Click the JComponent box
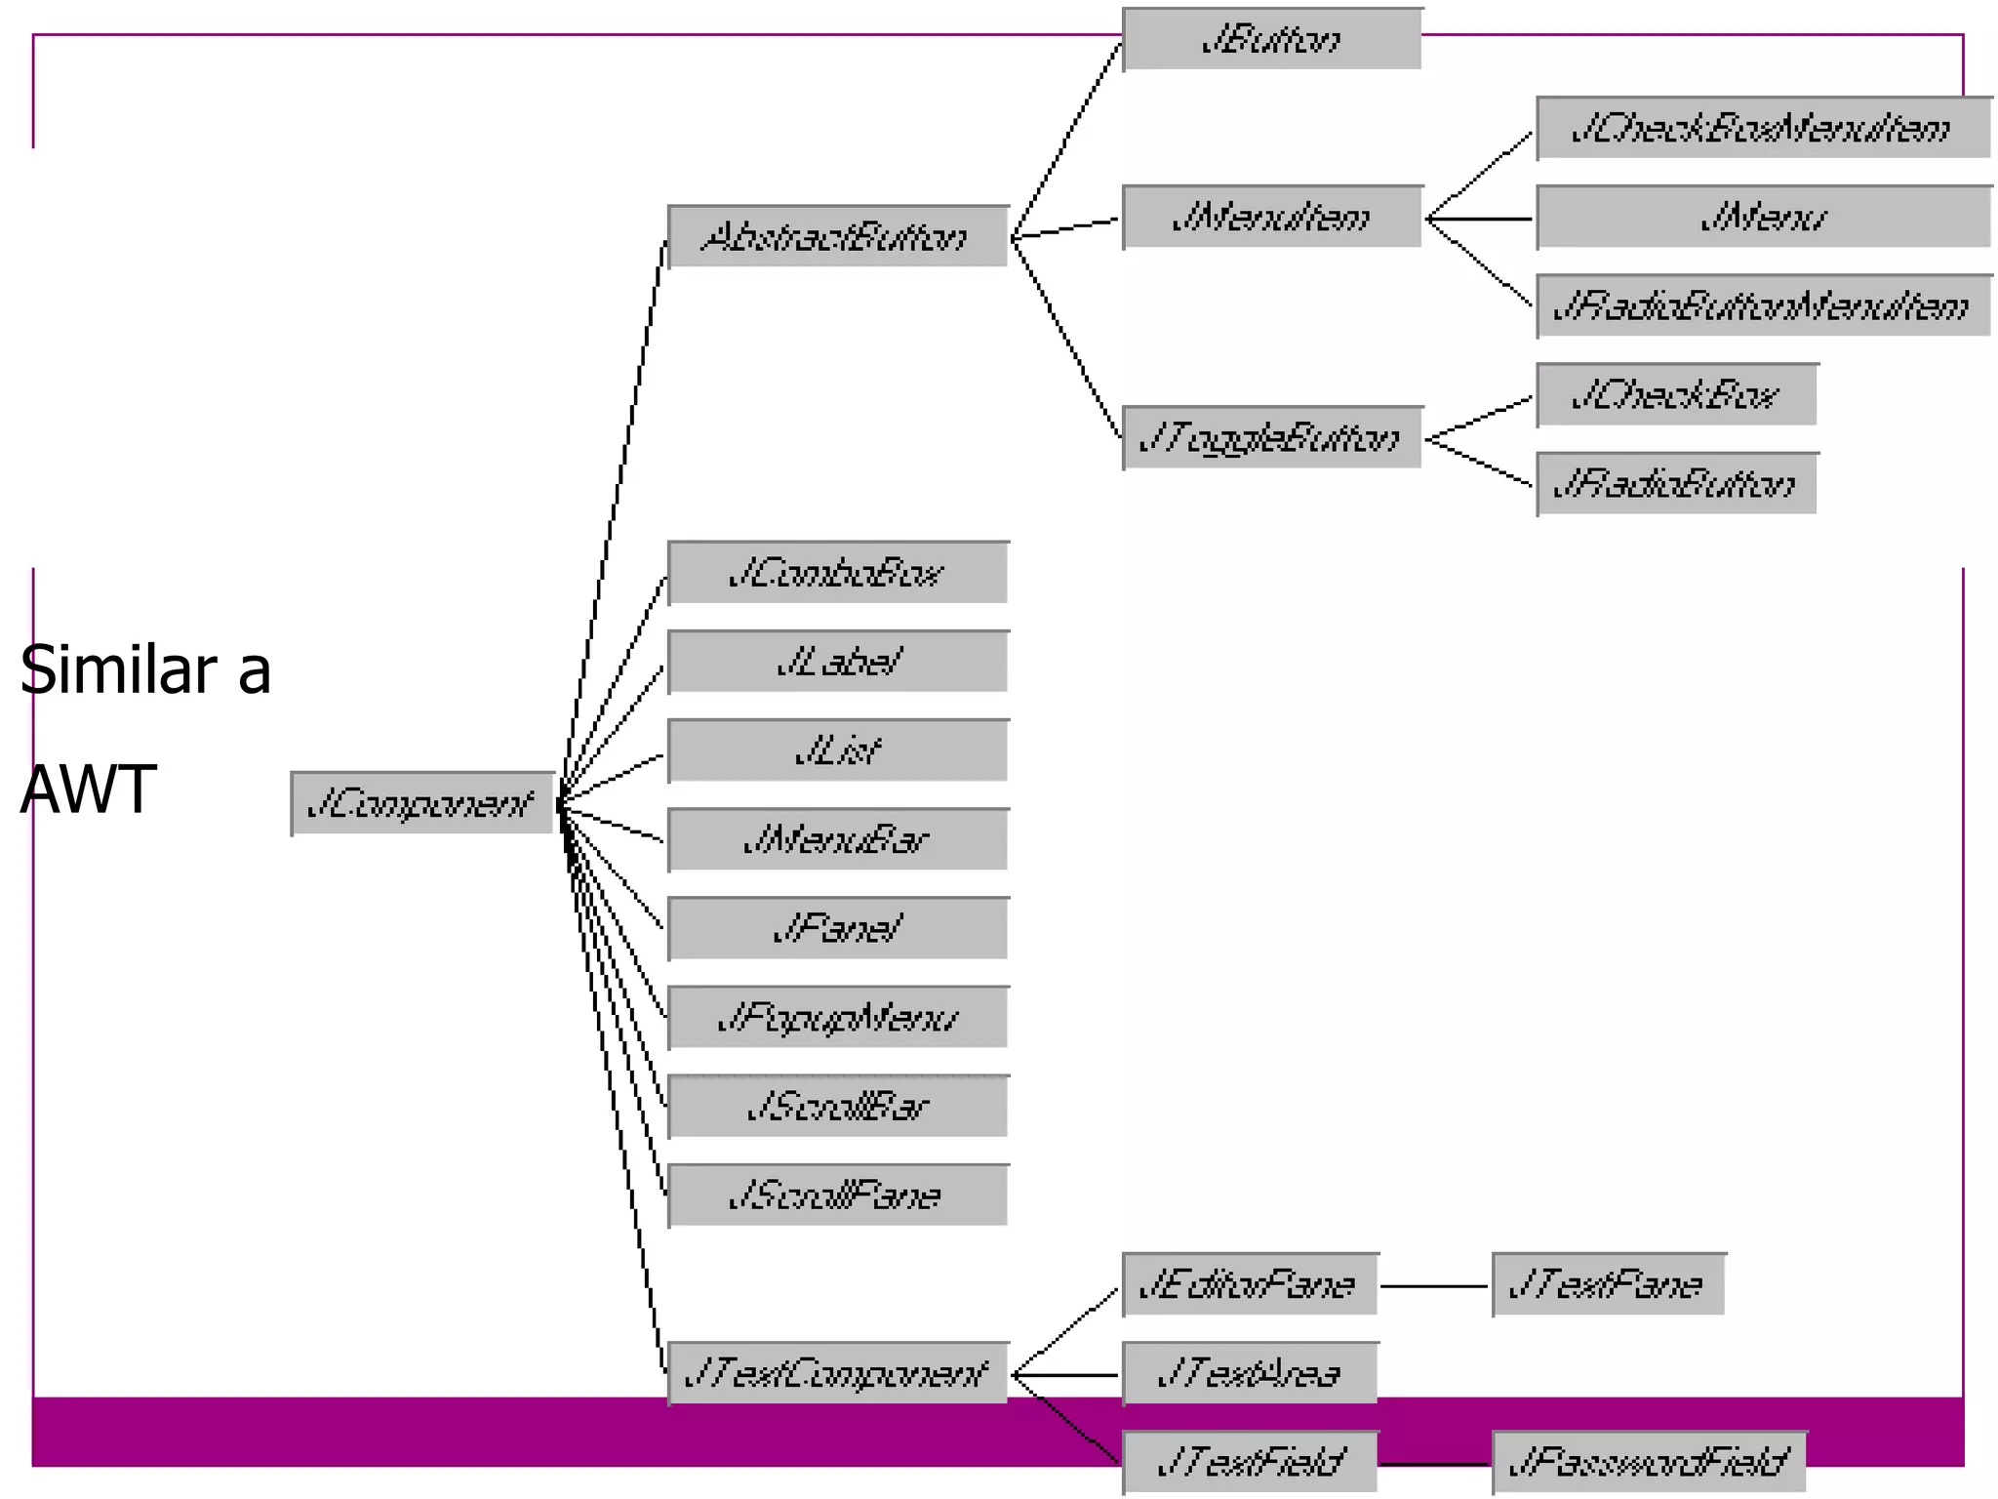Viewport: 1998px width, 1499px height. tap(422, 803)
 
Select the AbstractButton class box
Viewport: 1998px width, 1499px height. tap(838, 236)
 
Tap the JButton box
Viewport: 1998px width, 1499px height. tap(1271, 39)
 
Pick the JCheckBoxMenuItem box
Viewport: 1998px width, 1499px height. tap(1762, 128)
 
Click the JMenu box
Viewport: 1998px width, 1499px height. tap(1762, 217)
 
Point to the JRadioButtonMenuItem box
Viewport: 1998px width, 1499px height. tap(1762, 305)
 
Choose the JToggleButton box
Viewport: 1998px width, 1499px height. tap(1271, 438)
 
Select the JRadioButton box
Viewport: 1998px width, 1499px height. tap(1676, 483)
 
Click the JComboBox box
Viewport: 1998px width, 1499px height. tap(838, 573)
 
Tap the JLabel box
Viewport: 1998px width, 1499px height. tap(838, 662)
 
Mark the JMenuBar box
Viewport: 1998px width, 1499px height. tap(838, 839)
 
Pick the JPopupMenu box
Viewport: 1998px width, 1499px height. tap(838, 1018)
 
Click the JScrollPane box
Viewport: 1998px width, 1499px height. tap(838, 1195)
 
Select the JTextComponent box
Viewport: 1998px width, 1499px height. tap(838, 1373)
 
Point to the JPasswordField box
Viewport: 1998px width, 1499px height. tap(1649, 1462)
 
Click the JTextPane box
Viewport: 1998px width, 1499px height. tap(1608, 1284)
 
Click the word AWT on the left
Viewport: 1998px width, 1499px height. tap(88, 789)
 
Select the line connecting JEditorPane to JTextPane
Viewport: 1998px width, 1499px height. tap(1434, 1286)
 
